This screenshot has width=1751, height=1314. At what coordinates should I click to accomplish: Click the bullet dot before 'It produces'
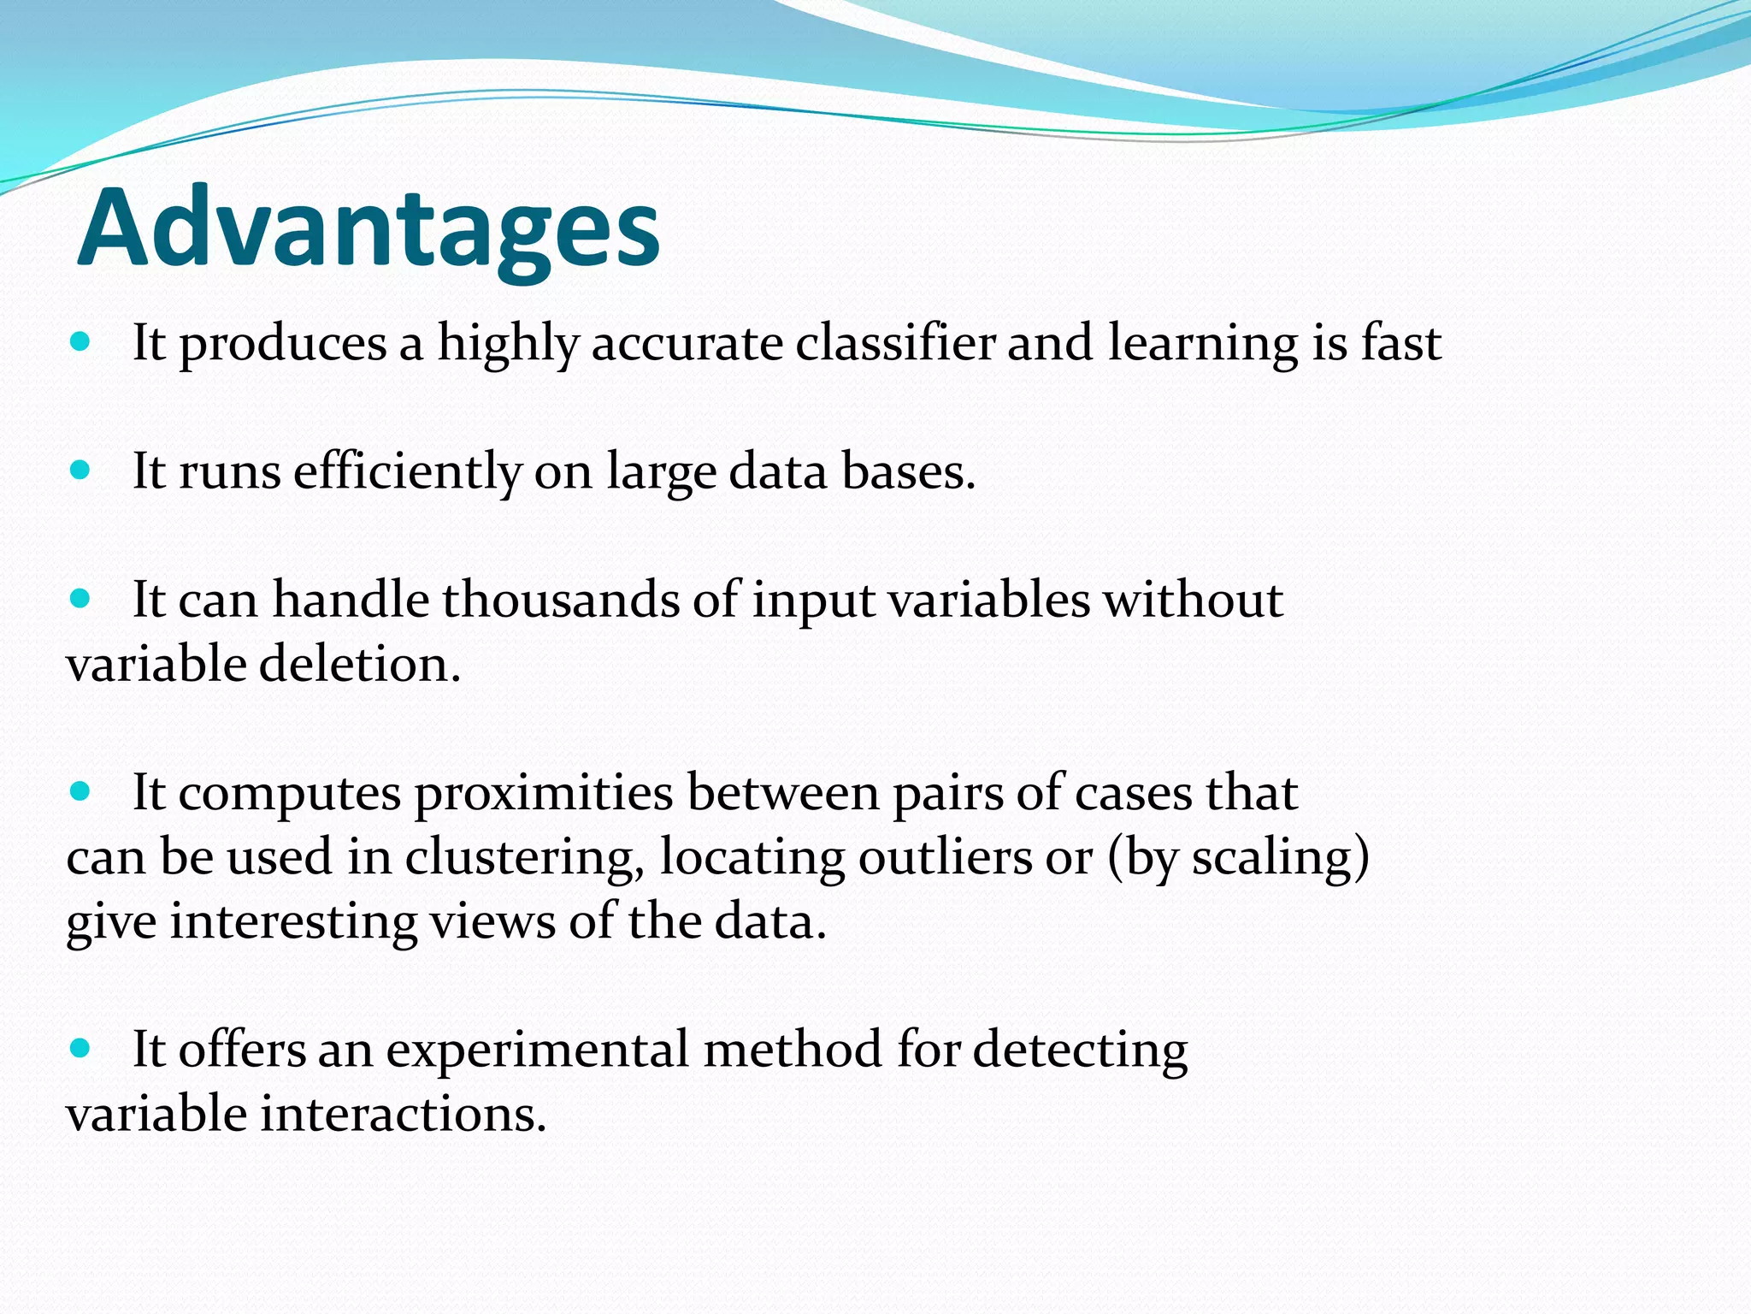[x=80, y=342]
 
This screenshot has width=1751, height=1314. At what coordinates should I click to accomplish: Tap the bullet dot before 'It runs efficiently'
[x=80, y=470]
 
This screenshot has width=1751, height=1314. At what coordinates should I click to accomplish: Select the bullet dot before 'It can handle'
[x=80, y=598]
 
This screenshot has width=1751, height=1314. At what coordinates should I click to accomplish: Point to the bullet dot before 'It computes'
[x=80, y=791]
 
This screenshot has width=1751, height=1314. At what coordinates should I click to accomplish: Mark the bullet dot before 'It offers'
[x=80, y=1048]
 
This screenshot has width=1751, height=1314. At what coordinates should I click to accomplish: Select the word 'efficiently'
[x=408, y=471]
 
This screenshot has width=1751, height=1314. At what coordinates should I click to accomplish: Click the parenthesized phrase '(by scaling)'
[x=1238, y=858]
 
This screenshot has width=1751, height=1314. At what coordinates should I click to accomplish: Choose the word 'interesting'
[x=292, y=922]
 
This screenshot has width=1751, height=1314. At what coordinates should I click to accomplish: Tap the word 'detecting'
[x=1080, y=1051]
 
